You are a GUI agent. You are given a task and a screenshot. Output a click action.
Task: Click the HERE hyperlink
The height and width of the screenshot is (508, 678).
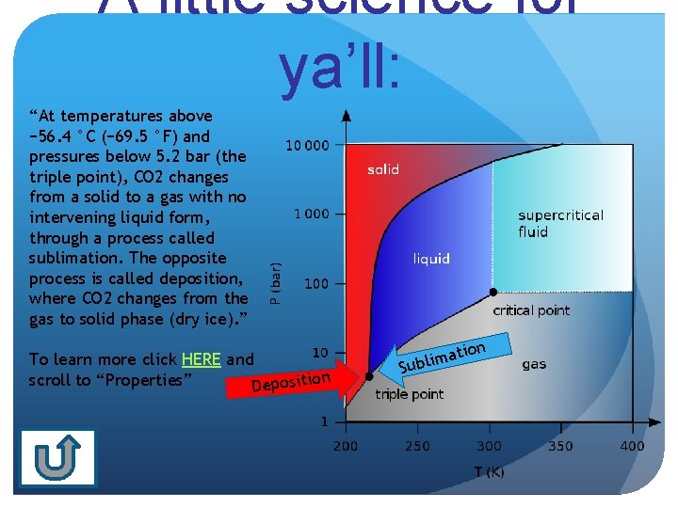pyautogui.click(x=202, y=359)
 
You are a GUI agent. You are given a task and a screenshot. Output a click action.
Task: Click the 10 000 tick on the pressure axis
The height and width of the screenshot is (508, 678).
pyautogui.click(x=308, y=146)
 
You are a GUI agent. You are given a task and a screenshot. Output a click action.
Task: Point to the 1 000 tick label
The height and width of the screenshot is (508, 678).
pyautogui.click(x=312, y=214)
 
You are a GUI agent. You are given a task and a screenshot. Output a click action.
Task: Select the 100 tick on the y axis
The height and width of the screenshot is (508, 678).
pyautogui.click(x=317, y=283)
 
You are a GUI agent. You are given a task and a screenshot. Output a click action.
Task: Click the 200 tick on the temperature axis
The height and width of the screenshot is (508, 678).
pyautogui.click(x=346, y=445)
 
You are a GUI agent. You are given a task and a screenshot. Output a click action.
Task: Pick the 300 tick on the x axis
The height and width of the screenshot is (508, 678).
pyautogui.click(x=489, y=445)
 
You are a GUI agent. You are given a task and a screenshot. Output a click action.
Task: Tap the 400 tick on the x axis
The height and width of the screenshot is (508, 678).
pyautogui.click(x=632, y=445)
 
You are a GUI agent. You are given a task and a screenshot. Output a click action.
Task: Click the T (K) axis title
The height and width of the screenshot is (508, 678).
pyautogui.click(x=489, y=471)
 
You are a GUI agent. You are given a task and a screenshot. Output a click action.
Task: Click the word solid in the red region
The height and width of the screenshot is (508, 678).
pyautogui.click(x=383, y=169)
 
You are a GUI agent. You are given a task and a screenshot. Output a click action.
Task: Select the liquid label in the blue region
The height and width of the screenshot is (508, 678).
pyautogui.click(x=431, y=259)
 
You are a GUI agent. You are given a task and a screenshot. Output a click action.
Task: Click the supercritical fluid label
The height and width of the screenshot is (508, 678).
pyautogui.click(x=560, y=223)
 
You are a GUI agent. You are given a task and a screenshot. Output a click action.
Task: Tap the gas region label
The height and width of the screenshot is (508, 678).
pyautogui.click(x=534, y=364)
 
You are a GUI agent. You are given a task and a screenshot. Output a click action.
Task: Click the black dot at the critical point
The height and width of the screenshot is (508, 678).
pyautogui.click(x=491, y=292)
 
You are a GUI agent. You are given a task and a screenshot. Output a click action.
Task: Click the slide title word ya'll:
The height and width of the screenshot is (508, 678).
pyautogui.click(x=339, y=68)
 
